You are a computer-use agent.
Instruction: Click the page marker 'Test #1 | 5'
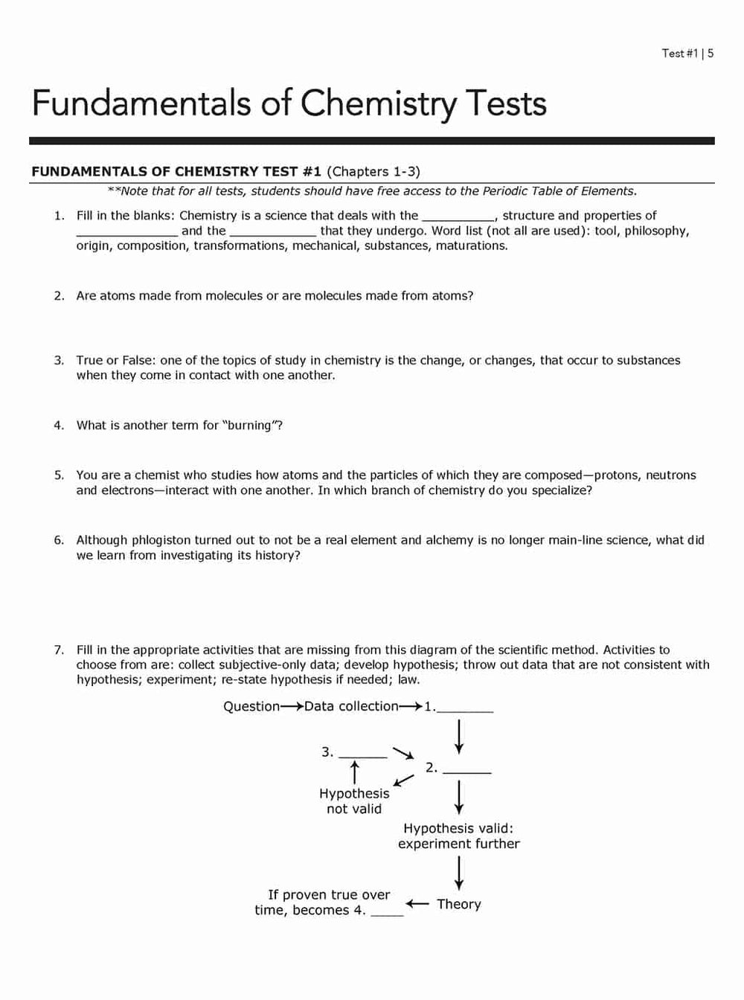pos(687,54)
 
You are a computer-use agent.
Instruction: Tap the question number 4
pos(59,426)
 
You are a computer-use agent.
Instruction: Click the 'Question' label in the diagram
pos(251,707)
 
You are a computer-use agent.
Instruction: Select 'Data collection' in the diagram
pos(351,707)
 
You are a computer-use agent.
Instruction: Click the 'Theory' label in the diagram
pos(459,905)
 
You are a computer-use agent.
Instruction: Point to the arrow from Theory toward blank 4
pos(418,904)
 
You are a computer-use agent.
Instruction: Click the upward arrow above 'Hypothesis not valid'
pos(355,771)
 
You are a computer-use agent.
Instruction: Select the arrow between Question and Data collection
pos(292,707)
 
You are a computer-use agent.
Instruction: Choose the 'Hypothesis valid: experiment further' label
pos(458,836)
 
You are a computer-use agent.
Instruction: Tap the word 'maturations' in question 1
pos(470,246)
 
